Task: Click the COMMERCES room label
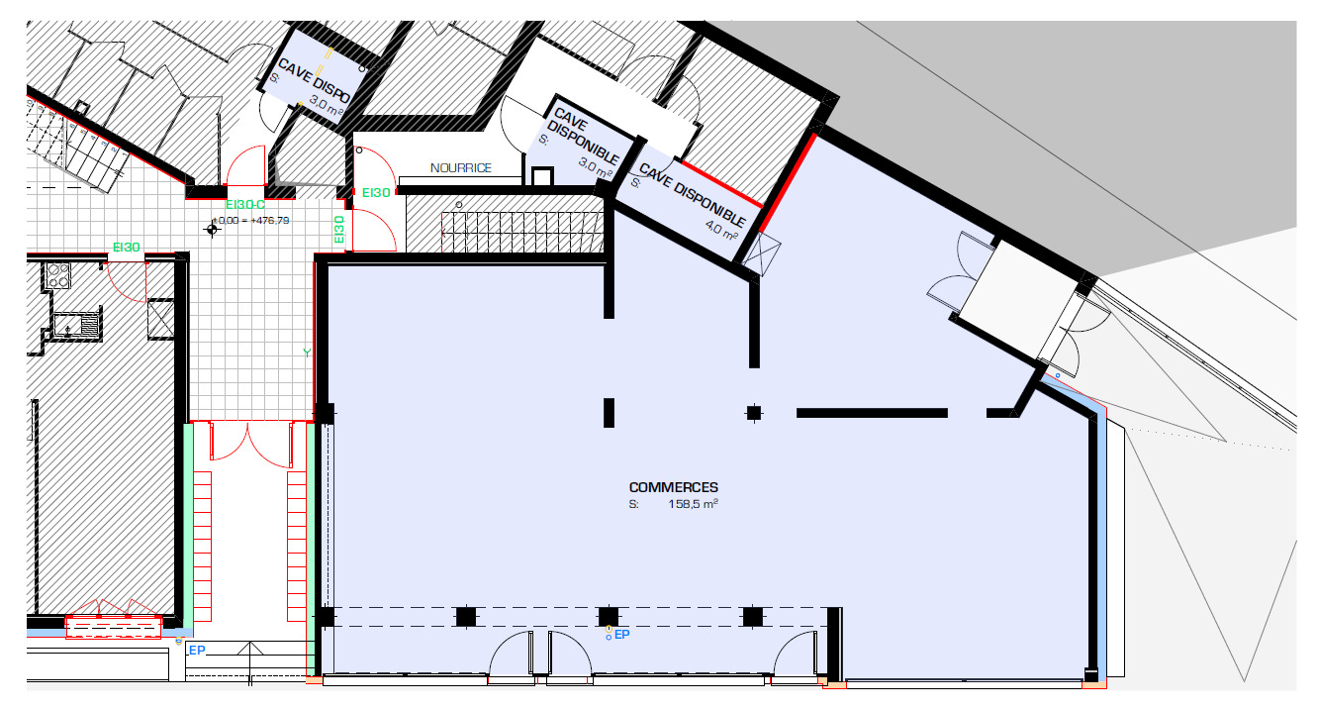[x=673, y=487]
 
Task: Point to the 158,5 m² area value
[x=692, y=504]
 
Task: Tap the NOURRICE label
[x=460, y=168]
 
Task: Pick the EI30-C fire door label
[x=244, y=205]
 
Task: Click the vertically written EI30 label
[x=339, y=230]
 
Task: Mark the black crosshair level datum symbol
[x=211, y=230]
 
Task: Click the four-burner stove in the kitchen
[x=56, y=275]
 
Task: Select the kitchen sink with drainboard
[x=75, y=324]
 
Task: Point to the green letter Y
[x=307, y=353]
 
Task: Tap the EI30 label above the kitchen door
[x=126, y=248]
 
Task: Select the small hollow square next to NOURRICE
[x=541, y=177]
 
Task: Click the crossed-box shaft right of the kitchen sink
[x=159, y=319]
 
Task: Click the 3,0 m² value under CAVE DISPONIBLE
[x=594, y=166]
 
